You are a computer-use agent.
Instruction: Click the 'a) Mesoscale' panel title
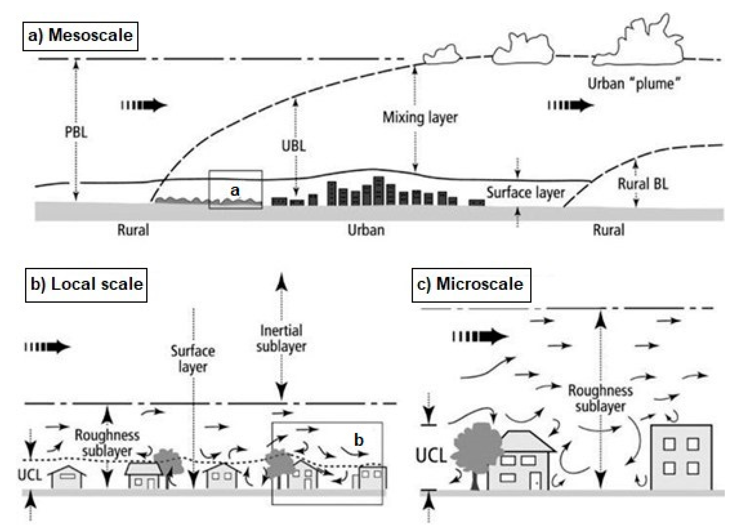coord(80,35)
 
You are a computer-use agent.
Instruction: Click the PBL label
coord(76,132)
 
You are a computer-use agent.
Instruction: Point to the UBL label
coord(293,146)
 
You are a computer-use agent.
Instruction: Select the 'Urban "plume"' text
coord(634,84)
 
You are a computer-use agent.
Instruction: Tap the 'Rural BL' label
coord(643,184)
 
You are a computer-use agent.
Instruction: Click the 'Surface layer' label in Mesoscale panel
coord(525,193)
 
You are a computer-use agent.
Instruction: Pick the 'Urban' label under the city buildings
coord(366,230)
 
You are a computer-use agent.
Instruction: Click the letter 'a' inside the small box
coord(235,190)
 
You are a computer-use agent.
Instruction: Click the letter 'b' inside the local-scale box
coord(358,440)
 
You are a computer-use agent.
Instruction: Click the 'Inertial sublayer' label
coord(281,338)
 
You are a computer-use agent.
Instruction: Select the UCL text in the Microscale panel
coord(431,455)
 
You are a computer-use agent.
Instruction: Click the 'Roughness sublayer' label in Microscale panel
coord(600,398)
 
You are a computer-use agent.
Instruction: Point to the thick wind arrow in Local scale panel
coord(48,347)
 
